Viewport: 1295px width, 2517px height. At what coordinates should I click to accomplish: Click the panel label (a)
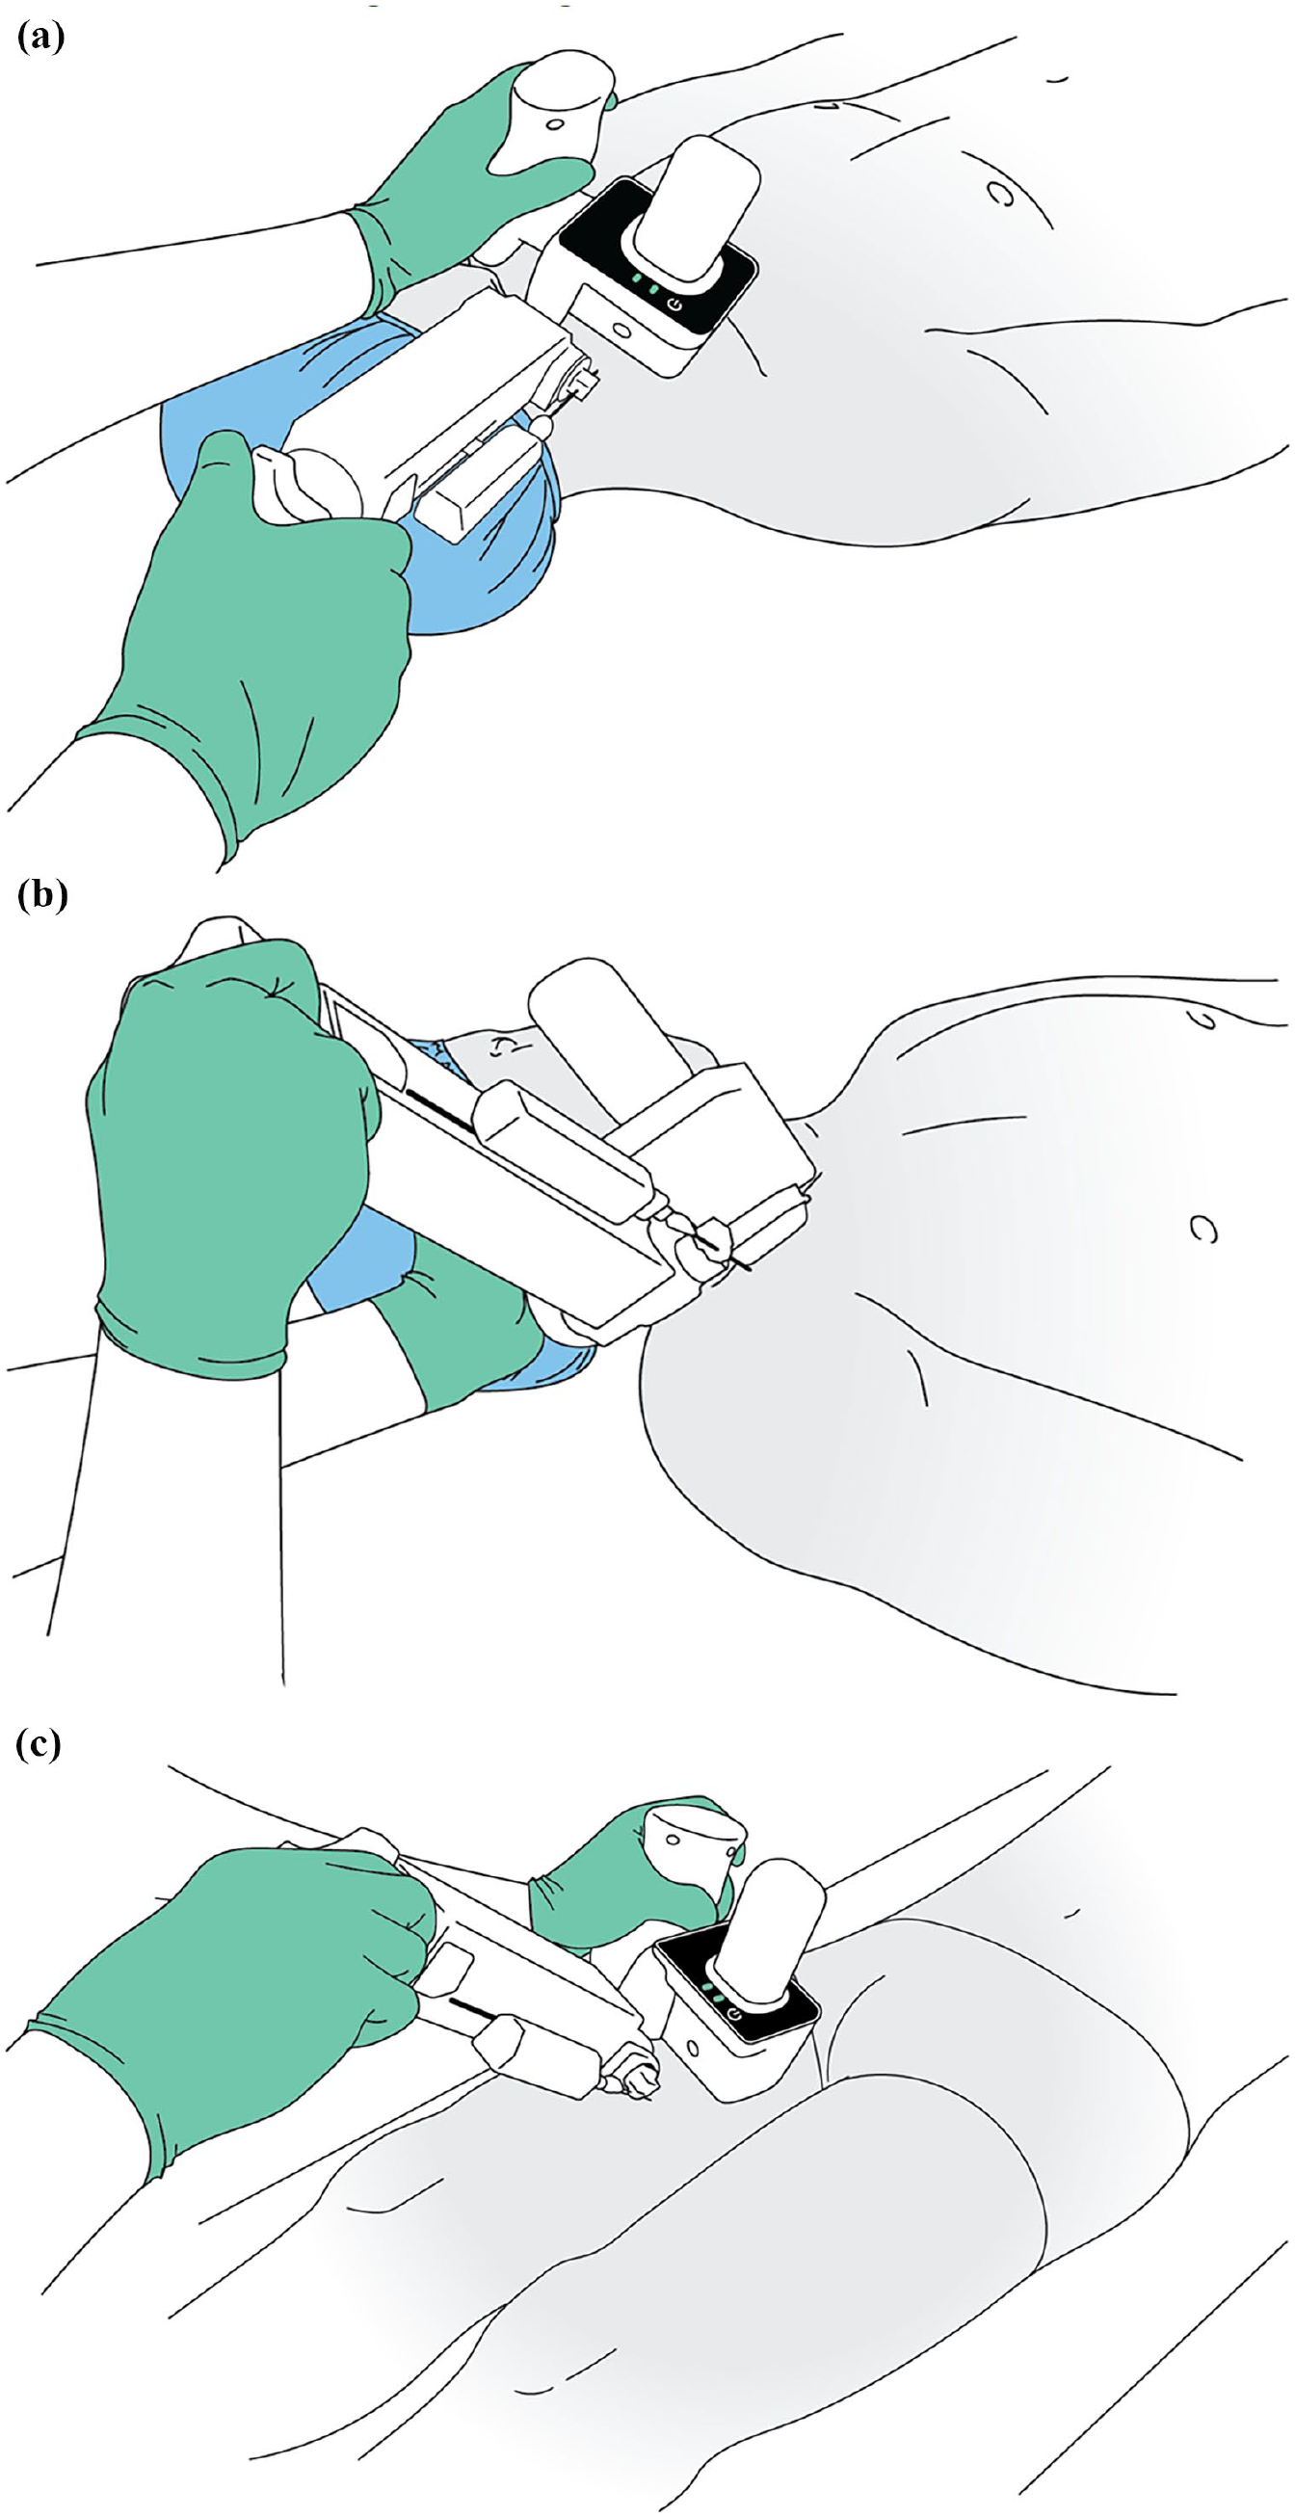pos(41,39)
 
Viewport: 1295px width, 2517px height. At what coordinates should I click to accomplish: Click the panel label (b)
pos(43,895)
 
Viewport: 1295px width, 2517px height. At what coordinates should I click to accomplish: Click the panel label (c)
pos(40,1743)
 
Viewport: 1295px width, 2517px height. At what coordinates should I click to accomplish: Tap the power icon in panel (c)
pos(734,2014)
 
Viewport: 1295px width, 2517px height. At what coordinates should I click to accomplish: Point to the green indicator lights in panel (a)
pos(645,286)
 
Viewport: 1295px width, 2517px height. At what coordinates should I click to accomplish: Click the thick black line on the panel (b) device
pos(440,1112)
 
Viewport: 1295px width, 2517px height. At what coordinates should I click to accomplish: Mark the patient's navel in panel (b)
pos(1204,1230)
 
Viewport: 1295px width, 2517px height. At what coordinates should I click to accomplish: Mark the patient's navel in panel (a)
pos(999,194)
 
